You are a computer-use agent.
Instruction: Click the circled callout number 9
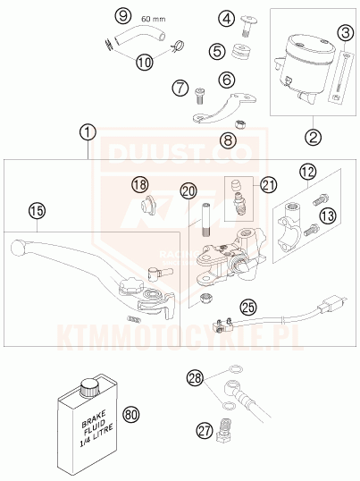pyautogui.click(x=123, y=15)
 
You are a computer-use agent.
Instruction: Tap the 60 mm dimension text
pyautogui.click(x=153, y=19)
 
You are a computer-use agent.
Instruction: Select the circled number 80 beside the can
pyautogui.click(x=131, y=415)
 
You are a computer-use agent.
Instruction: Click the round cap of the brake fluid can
pyautogui.click(x=88, y=387)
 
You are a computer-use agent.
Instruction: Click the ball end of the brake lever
pyautogui.click(x=18, y=248)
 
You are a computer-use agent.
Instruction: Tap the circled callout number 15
pyautogui.click(x=38, y=211)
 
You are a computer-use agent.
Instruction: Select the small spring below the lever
pyautogui.click(x=133, y=318)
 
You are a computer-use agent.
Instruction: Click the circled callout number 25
pyautogui.click(x=248, y=307)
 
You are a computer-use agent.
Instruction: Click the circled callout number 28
pyautogui.click(x=195, y=377)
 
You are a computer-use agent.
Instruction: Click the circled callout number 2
pyautogui.click(x=314, y=137)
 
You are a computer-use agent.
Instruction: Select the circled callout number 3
pyautogui.click(x=346, y=32)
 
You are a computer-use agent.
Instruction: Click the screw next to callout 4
pyautogui.click(x=247, y=27)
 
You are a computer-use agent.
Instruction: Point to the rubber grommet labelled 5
pyautogui.click(x=240, y=52)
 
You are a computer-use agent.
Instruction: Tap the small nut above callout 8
pyautogui.click(x=240, y=125)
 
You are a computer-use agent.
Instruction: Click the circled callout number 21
pyautogui.click(x=269, y=185)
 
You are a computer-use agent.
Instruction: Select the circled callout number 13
pyautogui.click(x=328, y=215)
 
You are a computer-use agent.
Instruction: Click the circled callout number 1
pyautogui.click(x=88, y=132)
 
